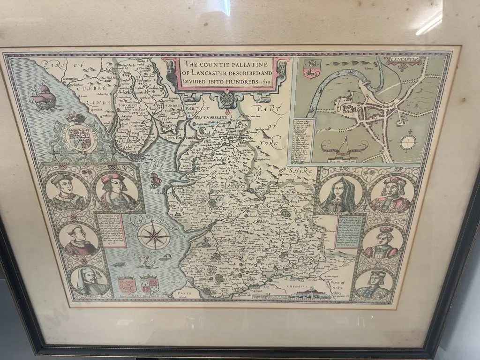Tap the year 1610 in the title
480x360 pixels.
click(262, 82)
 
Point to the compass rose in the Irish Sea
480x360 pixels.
click(154, 235)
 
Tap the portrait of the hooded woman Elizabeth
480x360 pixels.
click(340, 194)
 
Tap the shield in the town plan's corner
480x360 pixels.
click(311, 68)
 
